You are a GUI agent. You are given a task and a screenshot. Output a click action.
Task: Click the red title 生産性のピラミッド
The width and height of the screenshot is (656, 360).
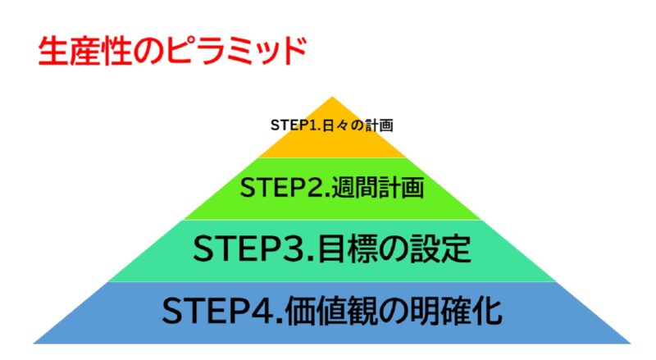click(x=172, y=50)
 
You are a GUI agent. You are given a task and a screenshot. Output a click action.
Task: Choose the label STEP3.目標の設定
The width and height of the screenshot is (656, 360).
click(x=332, y=249)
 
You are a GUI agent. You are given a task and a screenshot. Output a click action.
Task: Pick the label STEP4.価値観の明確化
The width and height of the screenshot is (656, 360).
click(x=332, y=312)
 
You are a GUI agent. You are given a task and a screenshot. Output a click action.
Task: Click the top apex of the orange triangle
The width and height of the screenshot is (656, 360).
click(x=332, y=98)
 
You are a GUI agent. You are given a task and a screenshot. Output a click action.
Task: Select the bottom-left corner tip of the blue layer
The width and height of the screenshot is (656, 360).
click(x=34, y=342)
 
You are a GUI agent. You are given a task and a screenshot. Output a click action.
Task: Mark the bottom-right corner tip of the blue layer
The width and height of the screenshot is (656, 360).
click(x=631, y=342)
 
